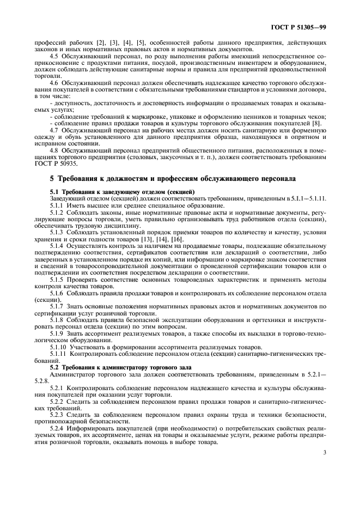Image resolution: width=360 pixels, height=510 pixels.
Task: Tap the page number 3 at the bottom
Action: (324, 452)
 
